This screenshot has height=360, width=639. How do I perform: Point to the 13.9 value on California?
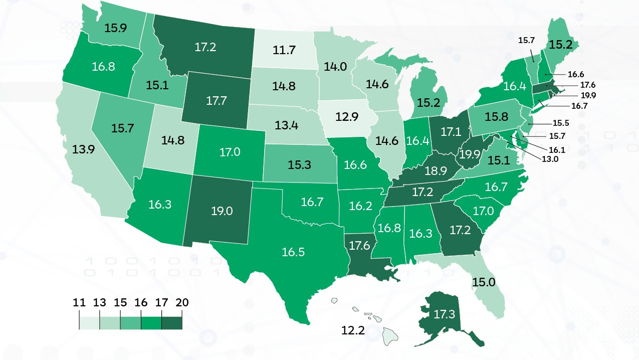[x=85, y=149]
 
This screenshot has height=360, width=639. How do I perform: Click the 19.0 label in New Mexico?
[x=222, y=211]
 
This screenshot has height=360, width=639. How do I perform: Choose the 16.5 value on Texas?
[x=293, y=252]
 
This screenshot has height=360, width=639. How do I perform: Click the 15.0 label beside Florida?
[x=484, y=282]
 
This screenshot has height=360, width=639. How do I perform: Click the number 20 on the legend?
[x=182, y=303]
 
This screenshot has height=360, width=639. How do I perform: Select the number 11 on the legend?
[x=79, y=303]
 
